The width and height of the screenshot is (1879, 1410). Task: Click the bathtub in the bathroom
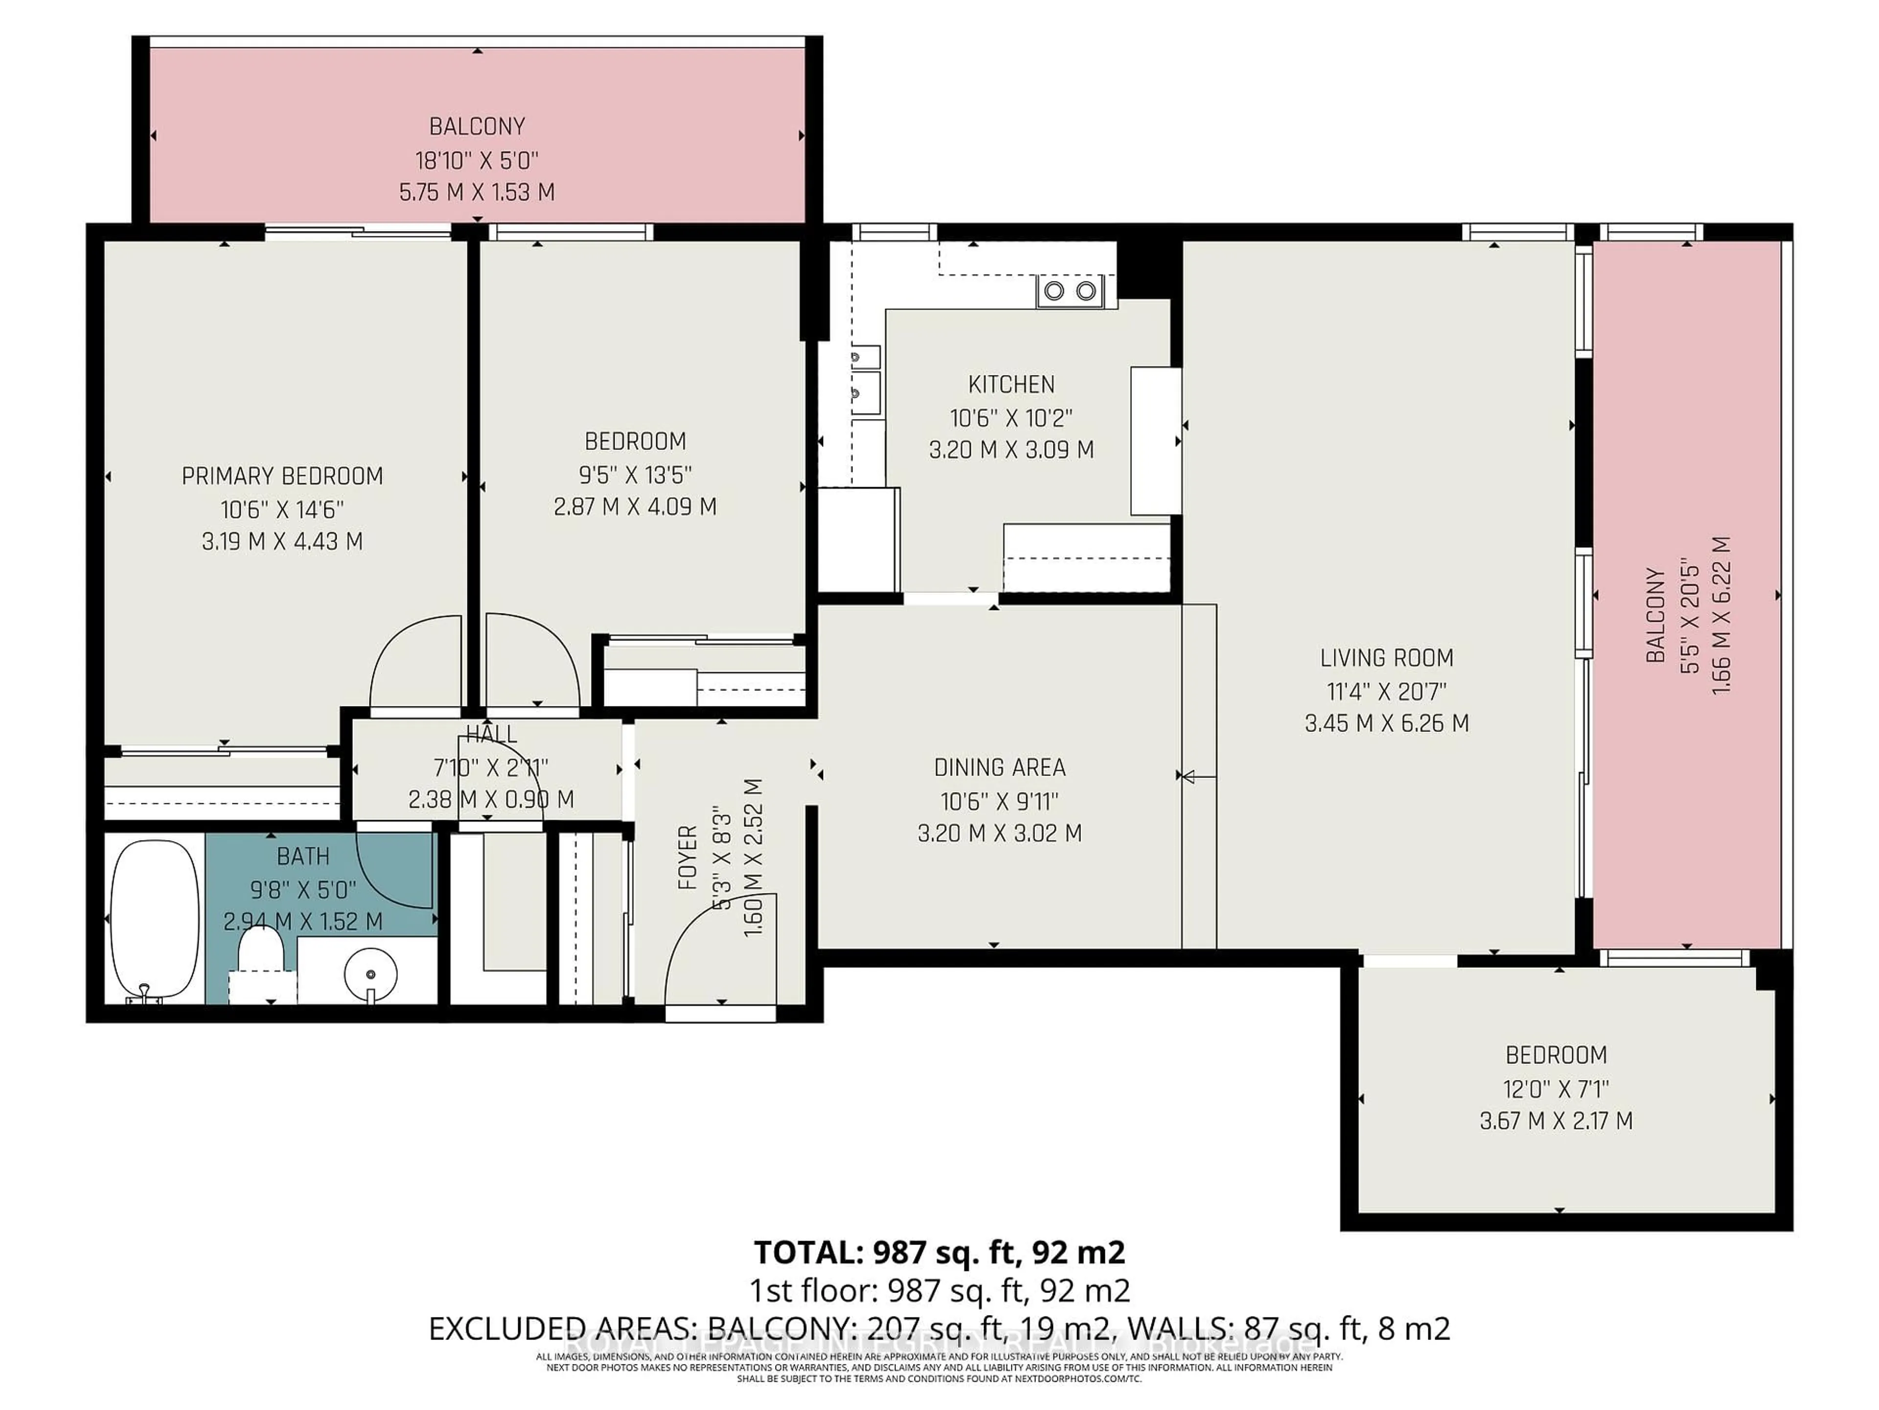155,920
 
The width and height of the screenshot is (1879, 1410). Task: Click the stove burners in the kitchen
1070,291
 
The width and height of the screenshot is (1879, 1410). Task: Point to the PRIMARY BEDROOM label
282,476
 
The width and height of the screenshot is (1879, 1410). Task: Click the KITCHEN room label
1011,384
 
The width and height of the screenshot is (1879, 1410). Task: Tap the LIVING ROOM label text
1386,658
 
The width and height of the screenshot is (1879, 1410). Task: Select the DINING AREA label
999,768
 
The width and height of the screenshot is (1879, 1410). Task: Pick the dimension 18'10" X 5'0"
477,160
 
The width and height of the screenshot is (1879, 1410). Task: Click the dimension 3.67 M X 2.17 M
1556,1121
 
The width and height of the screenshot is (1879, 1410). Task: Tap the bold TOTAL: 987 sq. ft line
939,1252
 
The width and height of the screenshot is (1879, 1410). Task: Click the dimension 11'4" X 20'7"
1386,691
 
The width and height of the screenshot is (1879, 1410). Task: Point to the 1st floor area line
939,1290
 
